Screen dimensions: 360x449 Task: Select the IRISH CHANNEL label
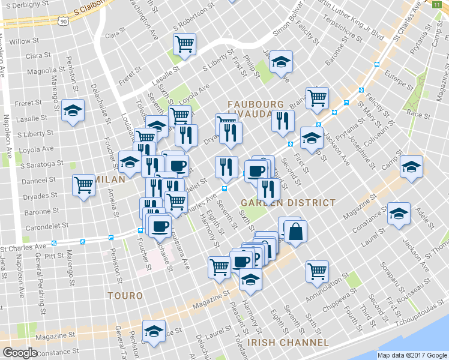click(289, 343)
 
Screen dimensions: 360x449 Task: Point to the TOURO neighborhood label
click(125, 296)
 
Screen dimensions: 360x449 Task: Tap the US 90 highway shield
click(62, 20)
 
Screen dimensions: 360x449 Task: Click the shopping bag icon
click(295, 232)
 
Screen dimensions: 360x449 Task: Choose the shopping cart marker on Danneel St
click(83, 184)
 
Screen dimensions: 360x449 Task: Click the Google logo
click(20, 353)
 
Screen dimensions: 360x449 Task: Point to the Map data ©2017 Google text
click(412, 355)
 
